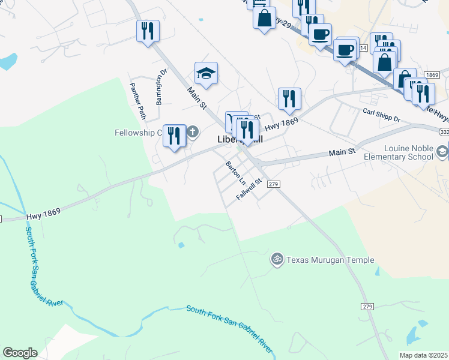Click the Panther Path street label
coord(138,100)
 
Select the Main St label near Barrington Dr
coord(197,98)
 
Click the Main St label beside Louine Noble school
coord(342,152)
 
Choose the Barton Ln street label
coord(236,172)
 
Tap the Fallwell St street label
coord(250,188)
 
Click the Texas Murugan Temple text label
coord(330,260)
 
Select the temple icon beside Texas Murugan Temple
coord(277,260)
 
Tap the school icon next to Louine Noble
coord(443,151)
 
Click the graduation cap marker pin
coord(206,74)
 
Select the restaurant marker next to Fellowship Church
coord(174,136)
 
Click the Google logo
coord(20,353)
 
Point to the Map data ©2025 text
coord(423,355)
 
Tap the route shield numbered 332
coord(444,131)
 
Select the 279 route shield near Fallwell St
coord(273,184)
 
